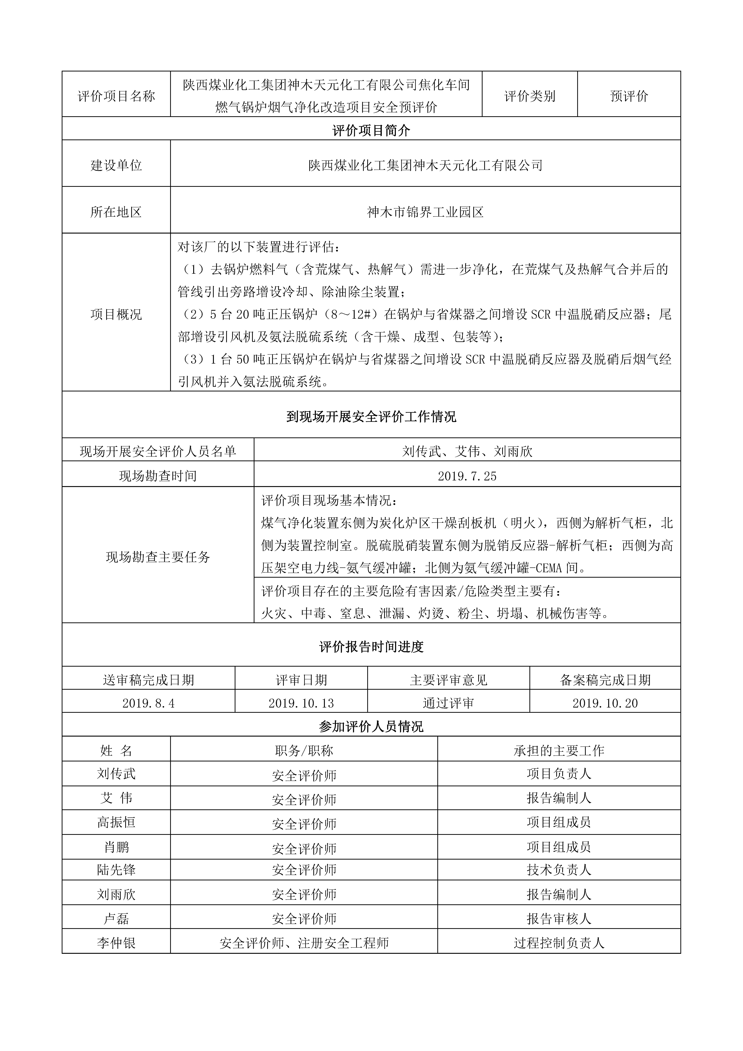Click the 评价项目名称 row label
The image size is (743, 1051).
[116, 96]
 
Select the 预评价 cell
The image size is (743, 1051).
[629, 96]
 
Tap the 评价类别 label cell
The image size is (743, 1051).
[530, 96]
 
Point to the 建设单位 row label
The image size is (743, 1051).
[116, 165]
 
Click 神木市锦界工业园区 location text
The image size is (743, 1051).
[425, 212]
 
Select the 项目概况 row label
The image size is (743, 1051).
[116, 314]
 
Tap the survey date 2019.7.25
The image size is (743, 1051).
[467, 476]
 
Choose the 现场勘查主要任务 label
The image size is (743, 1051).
[158, 557]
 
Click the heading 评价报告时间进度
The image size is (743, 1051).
[371, 647]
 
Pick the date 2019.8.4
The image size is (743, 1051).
[148, 703]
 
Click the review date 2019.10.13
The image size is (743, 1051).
[301, 703]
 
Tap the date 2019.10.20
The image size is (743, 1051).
[605, 703]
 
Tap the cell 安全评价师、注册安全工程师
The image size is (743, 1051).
[304, 943]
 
